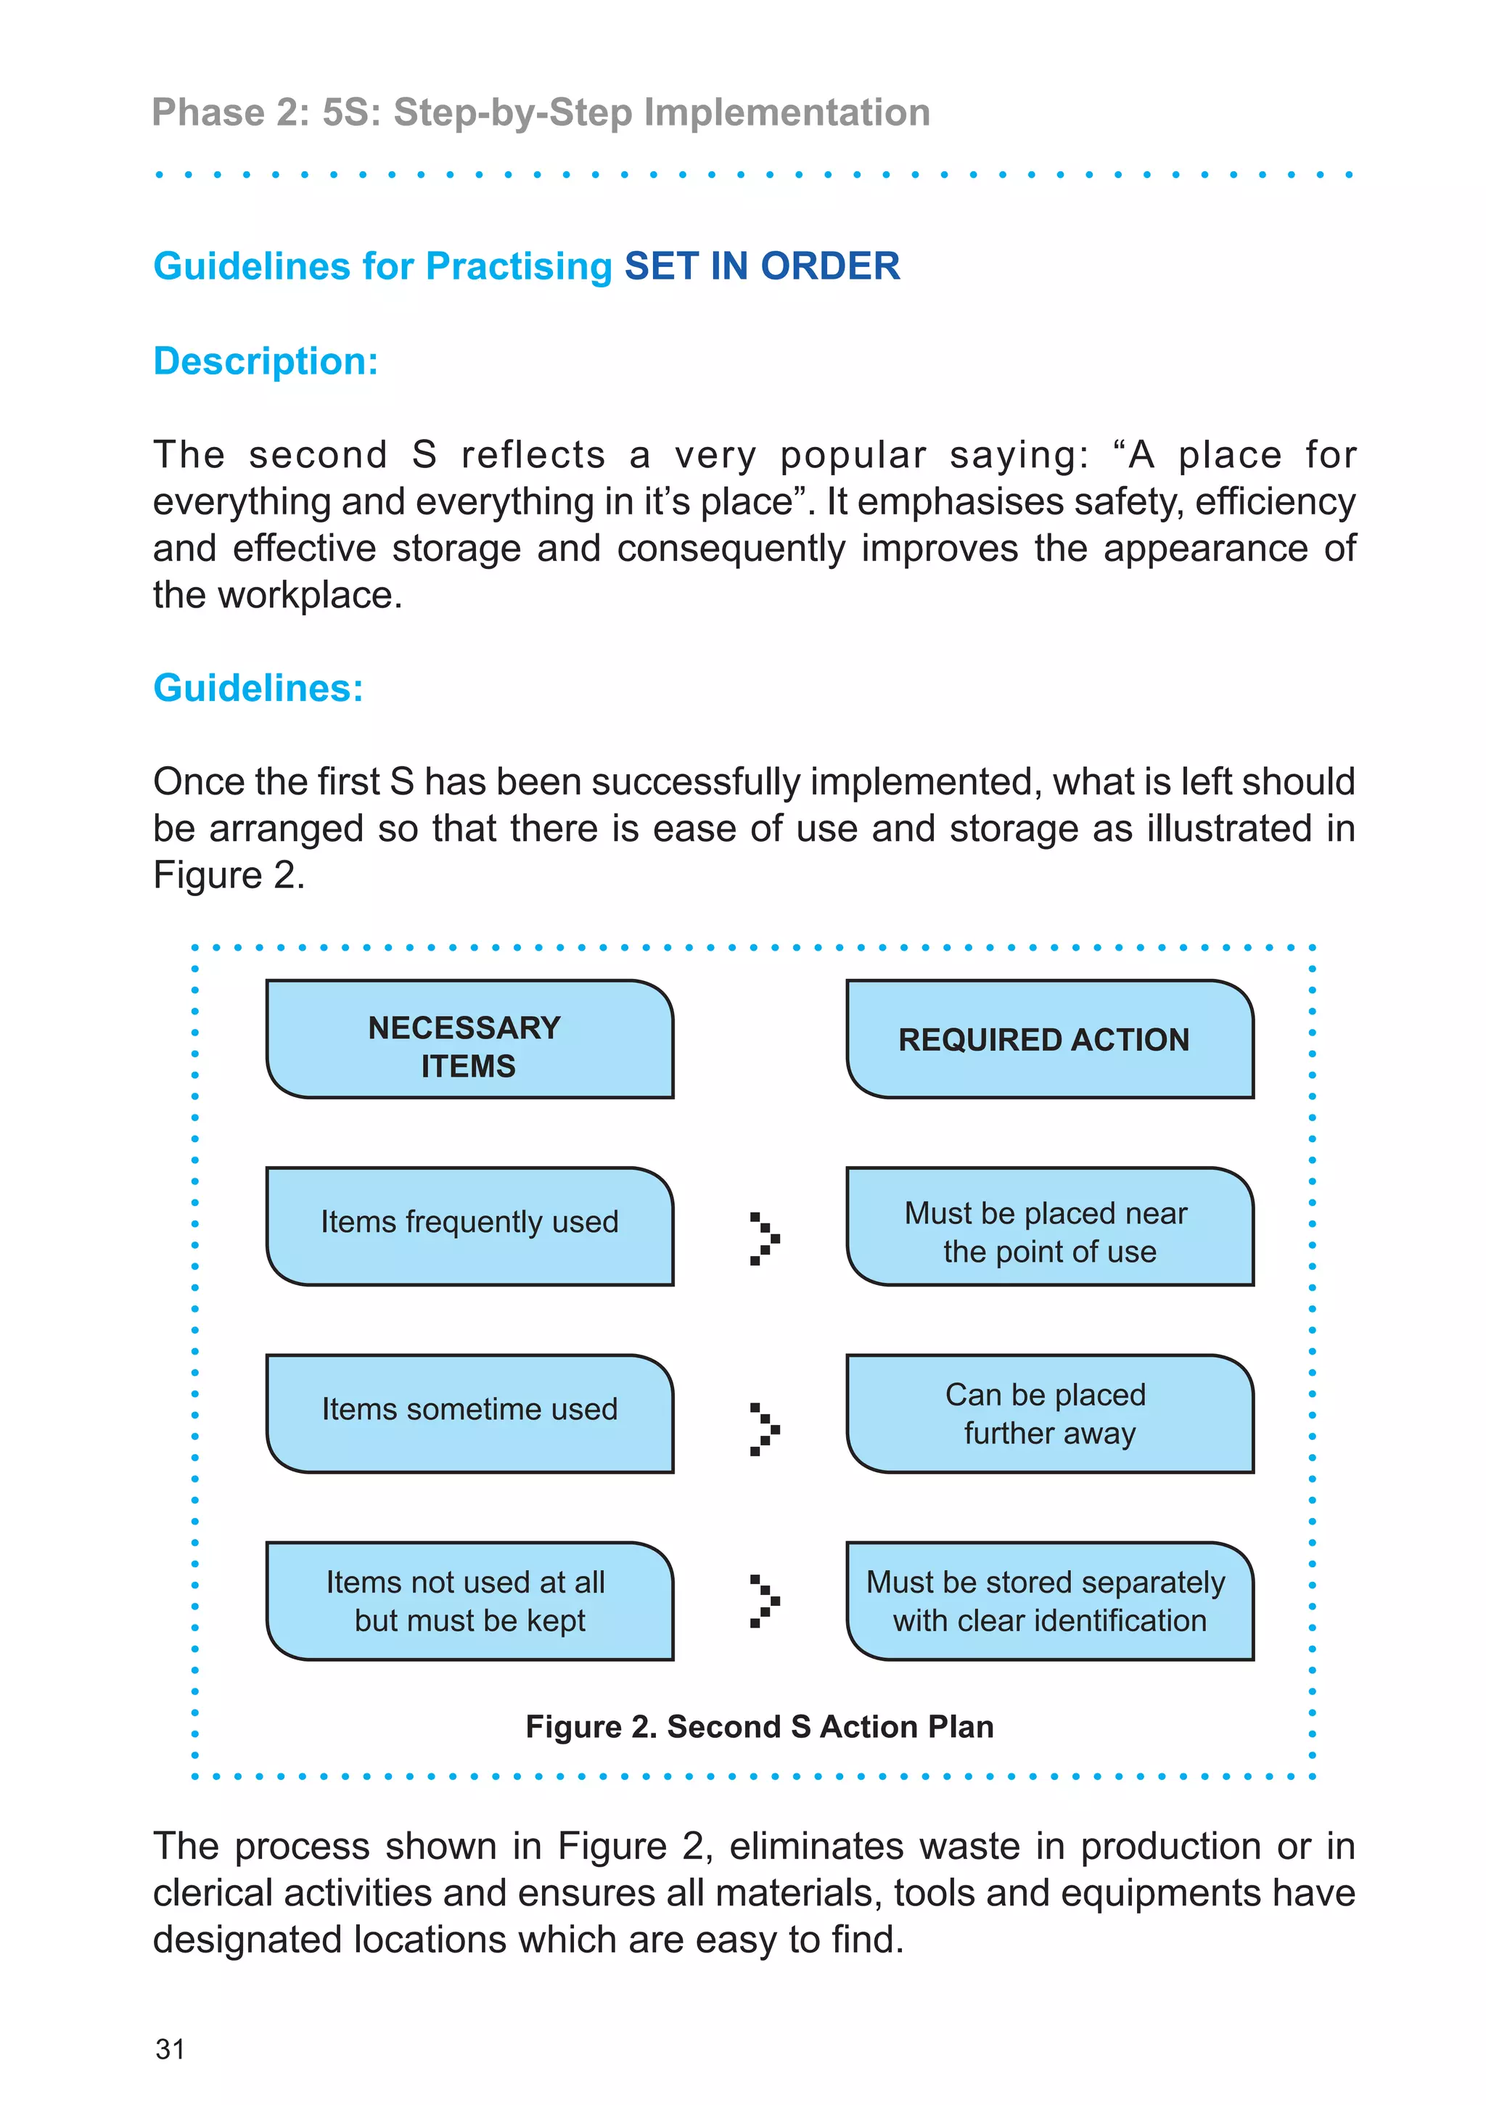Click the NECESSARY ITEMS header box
pos(469,1039)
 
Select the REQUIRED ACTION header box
pos(1050,1039)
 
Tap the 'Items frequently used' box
pos(469,1226)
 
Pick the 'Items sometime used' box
pos(469,1413)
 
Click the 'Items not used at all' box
pos(469,1601)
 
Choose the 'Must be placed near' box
pos(1050,1226)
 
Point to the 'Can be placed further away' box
pos(1050,1413)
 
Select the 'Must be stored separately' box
pos(1050,1601)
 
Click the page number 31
pos(171,2049)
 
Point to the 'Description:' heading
pos(266,361)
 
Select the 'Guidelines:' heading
pos(258,688)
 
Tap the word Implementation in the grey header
pos(787,112)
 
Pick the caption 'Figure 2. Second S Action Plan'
pos(759,1726)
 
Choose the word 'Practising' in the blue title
pos(519,266)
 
